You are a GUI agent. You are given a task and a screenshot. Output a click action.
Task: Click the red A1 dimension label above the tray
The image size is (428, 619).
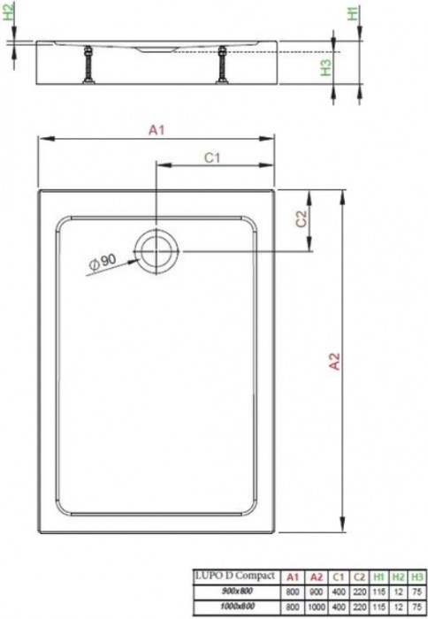click(157, 130)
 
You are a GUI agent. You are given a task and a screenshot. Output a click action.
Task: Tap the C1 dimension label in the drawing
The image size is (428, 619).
click(211, 158)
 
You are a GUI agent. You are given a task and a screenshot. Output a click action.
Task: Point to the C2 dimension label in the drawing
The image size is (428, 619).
click(301, 218)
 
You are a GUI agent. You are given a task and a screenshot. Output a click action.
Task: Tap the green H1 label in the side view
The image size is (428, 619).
click(352, 14)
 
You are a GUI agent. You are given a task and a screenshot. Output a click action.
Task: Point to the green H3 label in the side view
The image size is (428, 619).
click(326, 66)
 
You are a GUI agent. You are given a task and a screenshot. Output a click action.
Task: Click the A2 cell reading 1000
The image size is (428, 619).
click(315, 603)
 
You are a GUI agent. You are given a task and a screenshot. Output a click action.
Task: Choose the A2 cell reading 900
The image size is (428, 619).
click(315, 590)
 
